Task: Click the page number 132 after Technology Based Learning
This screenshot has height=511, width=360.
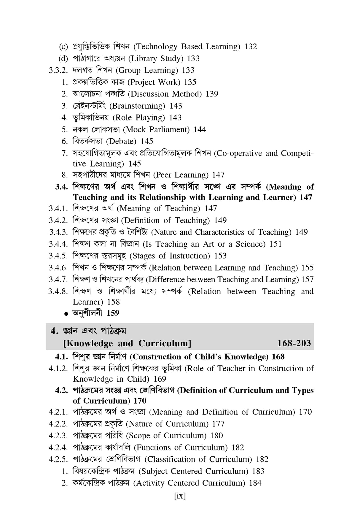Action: point(250,47)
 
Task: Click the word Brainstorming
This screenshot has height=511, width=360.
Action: point(138,106)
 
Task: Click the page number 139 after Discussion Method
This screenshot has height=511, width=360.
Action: point(212,94)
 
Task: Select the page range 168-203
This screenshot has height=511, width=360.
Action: point(294,343)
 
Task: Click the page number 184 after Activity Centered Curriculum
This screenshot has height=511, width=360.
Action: point(255,483)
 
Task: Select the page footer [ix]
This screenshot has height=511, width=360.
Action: point(180,496)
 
